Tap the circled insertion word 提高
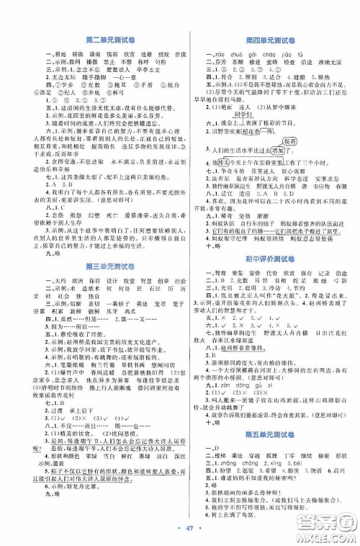pos(291,164)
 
